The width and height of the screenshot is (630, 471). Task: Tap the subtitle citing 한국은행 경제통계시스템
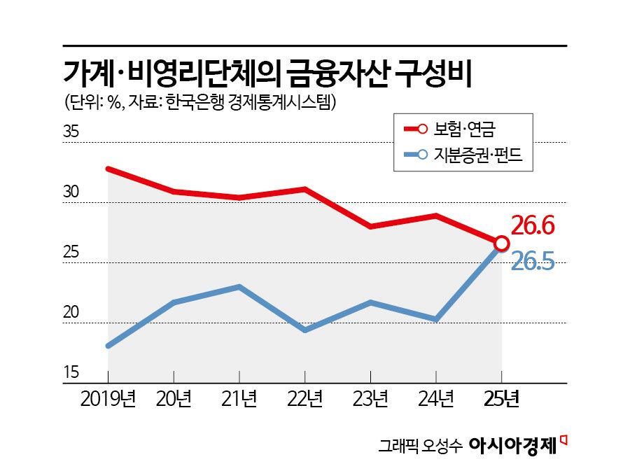pos(199,103)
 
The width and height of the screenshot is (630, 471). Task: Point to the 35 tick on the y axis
pos(72,132)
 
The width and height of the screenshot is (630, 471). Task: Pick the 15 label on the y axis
pos(72,372)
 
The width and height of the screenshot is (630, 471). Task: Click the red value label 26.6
pos(532,225)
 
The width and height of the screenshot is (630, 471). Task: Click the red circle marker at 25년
pos(501,243)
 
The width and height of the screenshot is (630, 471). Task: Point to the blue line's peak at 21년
pos(239,286)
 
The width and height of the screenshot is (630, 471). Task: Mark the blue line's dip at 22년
pos(305,330)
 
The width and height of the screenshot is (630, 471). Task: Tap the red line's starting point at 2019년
pos(108,169)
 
